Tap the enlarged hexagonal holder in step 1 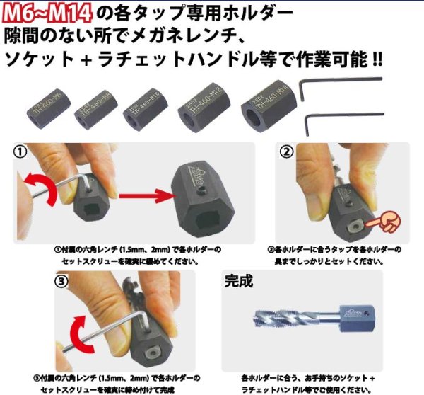(199, 194)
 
